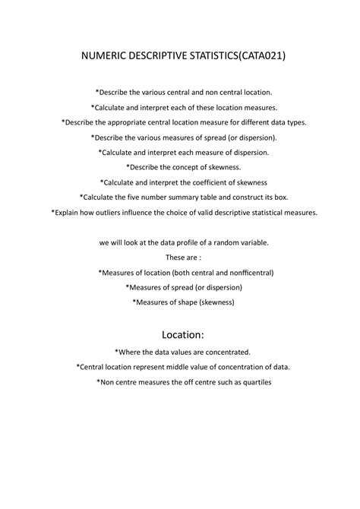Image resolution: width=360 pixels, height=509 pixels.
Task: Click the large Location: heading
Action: (179, 334)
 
